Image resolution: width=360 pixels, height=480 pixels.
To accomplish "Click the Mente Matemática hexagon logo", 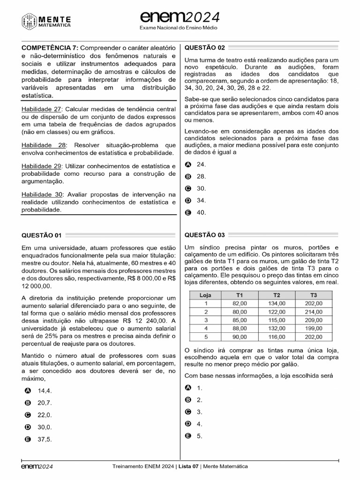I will point(30,21).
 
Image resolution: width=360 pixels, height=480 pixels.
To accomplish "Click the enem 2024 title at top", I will point(180,17).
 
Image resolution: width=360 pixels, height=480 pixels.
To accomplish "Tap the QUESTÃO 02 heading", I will point(205,47).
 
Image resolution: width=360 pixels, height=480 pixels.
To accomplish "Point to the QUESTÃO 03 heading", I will point(205,235).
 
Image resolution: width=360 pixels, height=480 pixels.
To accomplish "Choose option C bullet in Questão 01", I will point(28,415).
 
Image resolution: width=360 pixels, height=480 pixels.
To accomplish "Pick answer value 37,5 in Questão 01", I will point(45,439).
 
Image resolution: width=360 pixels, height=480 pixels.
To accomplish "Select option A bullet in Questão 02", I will point(188,165).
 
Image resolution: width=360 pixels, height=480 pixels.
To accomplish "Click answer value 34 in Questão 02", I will point(201,200).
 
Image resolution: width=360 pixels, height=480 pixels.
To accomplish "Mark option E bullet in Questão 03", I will point(188,436).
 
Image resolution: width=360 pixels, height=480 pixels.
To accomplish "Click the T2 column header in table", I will point(277,295).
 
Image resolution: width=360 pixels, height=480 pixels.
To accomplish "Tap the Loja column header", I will point(205,295).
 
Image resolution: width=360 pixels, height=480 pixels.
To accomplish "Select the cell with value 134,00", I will point(277,303).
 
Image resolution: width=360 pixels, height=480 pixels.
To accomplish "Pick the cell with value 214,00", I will point(313,312).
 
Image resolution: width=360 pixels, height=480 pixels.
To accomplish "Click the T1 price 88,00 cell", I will point(240,328).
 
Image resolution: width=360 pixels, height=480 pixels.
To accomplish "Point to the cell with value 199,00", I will point(313,328).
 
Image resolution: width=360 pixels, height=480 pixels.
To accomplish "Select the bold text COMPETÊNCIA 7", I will point(49,48).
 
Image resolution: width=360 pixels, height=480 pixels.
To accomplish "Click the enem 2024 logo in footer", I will point(37,466).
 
